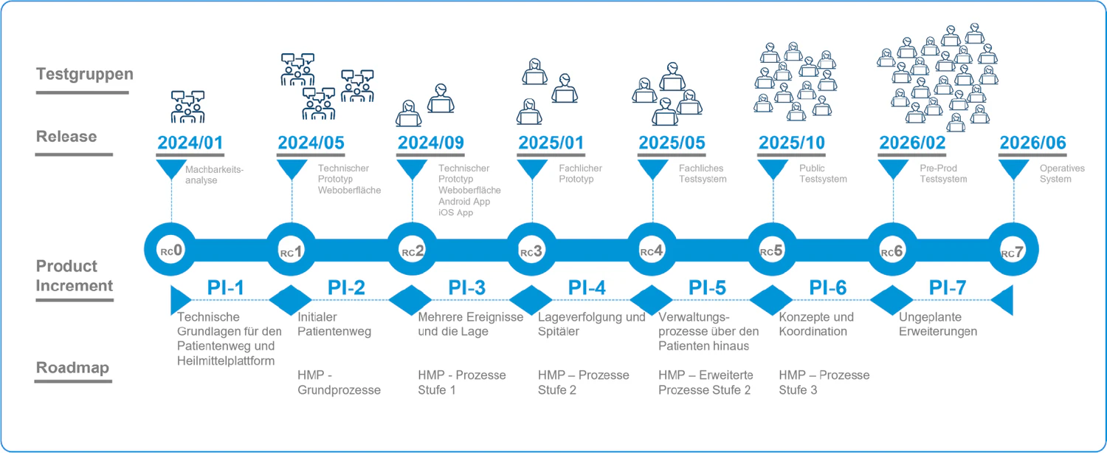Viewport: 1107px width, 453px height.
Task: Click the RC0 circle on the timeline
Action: [171, 251]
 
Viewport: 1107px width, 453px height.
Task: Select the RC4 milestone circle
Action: [652, 251]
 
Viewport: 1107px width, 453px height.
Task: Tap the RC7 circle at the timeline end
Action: [1013, 251]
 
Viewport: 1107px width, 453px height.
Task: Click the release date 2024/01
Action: [190, 142]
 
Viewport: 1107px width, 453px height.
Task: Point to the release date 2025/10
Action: [792, 142]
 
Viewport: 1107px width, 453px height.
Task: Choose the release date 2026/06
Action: [1032, 142]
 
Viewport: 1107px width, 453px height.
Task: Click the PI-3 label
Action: [466, 287]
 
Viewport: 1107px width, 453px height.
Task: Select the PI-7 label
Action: [947, 287]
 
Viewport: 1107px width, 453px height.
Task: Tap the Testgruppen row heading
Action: [85, 74]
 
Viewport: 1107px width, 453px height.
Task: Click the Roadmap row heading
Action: [73, 368]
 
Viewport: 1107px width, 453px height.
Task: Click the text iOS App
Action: [455, 212]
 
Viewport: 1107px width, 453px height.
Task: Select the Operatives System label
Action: [1062, 174]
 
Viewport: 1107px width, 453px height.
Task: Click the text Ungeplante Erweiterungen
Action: [938, 324]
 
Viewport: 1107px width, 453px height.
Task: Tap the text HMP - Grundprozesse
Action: [339, 382]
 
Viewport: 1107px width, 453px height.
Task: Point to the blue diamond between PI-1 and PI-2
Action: [292, 300]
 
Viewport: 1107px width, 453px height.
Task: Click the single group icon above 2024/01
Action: [187, 107]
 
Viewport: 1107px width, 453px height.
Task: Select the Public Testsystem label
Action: [823, 174]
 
